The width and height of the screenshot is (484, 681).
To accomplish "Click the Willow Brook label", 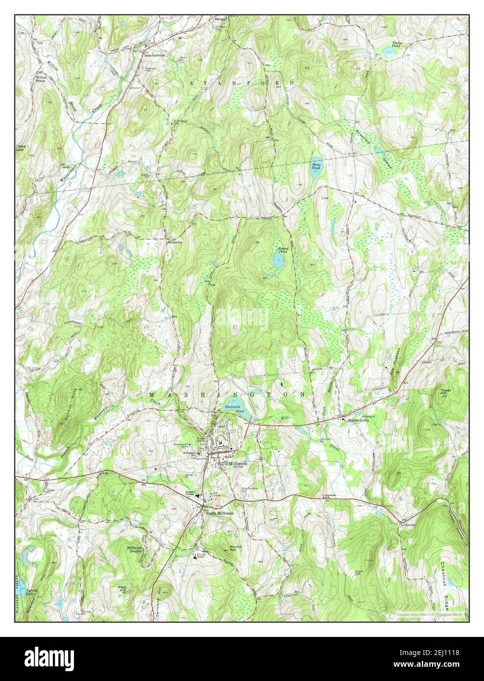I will pos(40,79).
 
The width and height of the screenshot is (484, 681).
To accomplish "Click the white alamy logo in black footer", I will pos(53,657).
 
